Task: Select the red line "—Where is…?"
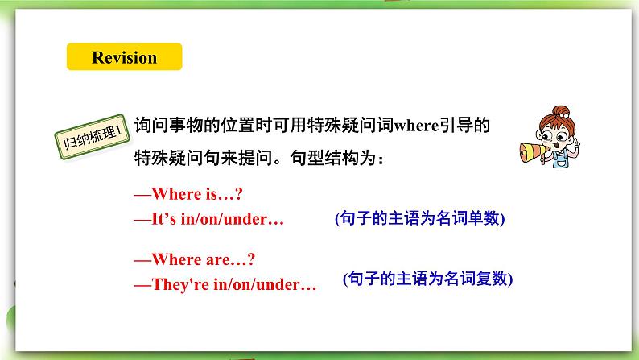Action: (x=186, y=194)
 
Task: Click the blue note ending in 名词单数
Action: (x=423, y=219)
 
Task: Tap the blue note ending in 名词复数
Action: (x=427, y=279)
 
